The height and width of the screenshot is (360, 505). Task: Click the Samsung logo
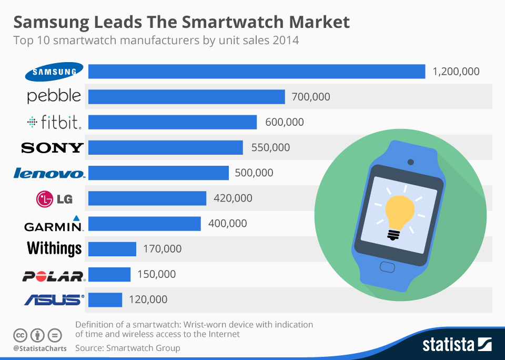[55, 72]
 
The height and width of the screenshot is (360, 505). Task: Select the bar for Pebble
[186, 97]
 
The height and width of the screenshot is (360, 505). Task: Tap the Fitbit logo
[55, 123]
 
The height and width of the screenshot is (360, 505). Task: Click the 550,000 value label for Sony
[270, 147]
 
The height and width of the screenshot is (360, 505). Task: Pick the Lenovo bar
[158, 173]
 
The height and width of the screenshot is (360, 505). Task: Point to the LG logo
[54, 198]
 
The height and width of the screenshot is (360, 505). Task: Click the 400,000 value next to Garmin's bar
[227, 223]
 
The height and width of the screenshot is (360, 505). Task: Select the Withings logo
[54, 248]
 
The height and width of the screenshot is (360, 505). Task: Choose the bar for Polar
[109, 274]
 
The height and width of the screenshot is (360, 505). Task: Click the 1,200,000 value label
[456, 72]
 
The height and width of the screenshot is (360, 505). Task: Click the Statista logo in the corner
[457, 345]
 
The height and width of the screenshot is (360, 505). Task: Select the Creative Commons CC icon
[21, 335]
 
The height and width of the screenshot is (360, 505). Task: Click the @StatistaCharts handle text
[40, 348]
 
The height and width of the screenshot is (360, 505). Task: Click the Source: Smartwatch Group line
[127, 348]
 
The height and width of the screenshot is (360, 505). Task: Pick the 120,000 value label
[148, 299]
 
